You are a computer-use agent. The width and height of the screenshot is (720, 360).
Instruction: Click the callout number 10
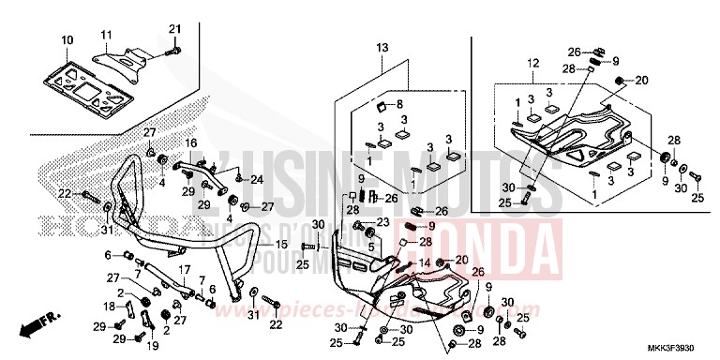(x=67, y=39)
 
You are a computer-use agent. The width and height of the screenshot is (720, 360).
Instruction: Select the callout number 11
(x=106, y=35)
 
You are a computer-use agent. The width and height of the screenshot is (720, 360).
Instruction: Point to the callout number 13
(x=382, y=47)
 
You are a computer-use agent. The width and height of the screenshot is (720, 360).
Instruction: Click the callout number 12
(x=532, y=63)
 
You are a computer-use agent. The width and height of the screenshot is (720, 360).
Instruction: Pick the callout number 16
(x=189, y=142)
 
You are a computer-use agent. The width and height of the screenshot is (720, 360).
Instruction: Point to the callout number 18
(x=109, y=307)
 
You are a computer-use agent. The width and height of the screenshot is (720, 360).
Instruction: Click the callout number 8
(x=398, y=104)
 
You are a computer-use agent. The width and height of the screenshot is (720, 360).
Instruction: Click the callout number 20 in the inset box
(x=641, y=81)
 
